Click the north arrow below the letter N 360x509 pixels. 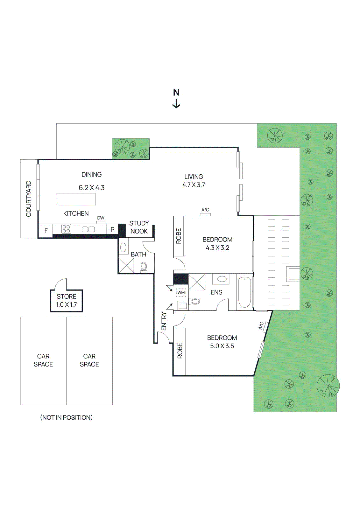pyautogui.click(x=176, y=104)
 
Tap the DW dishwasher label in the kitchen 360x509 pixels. pyautogui.click(x=101, y=218)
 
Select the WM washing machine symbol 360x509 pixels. pyautogui.click(x=181, y=292)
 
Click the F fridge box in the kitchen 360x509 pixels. pyautogui.click(x=46, y=231)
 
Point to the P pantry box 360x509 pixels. pyautogui.click(x=112, y=229)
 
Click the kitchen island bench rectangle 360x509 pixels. pyautogui.click(x=76, y=199)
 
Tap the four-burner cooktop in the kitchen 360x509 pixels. pyautogui.click(x=66, y=229)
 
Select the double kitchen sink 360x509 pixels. pyautogui.click(x=88, y=229)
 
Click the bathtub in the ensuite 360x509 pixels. pyautogui.click(x=244, y=292)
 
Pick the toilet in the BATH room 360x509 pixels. pyautogui.click(x=144, y=267)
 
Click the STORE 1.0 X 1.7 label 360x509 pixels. pyautogui.click(x=67, y=300)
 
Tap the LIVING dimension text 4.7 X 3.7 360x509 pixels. pyautogui.click(x=194, y=185)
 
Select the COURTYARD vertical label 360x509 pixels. pyautogui.click(x=29, y=199)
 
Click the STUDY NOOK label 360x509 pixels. pyautogui.click(x=139, y=227)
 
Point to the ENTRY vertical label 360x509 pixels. pyautogui.click(x=164, y=321)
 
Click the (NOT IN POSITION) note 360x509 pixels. pyautogui.click(x=66, y=417)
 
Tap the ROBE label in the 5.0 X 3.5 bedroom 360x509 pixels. pyautogui.click(x=180, y=351)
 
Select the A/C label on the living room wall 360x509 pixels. pyautogui.click(x=205, y=210)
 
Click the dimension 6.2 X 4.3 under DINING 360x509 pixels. pyautogui.click(x=92, y=188)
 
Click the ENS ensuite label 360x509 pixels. pyautogui.click(x=216, y=292)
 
